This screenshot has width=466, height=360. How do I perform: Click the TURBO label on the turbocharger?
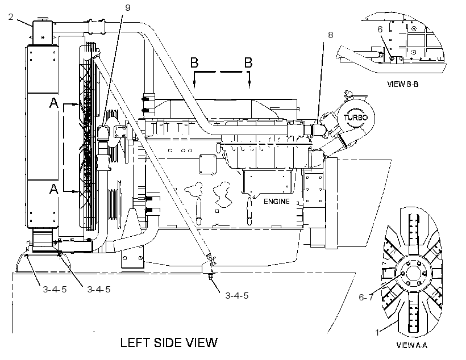tap(356, 118)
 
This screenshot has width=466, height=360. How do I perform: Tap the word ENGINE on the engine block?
tap(276, 202)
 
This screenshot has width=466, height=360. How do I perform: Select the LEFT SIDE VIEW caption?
tap(169, 342)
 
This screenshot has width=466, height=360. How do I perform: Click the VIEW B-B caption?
tap(403, 84)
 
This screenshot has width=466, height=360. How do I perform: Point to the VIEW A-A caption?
tap(411, 345)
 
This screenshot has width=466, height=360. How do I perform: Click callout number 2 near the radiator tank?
tap(11, 17)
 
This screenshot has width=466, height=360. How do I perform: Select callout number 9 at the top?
tap(128, 8)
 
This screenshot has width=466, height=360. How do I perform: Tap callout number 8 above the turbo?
tap(331, 35)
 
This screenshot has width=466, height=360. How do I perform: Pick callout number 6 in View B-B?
tap(380, 29)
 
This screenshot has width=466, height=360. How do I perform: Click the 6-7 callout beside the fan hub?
tap(365, 297)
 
